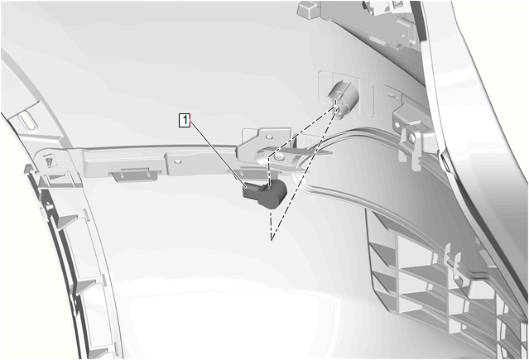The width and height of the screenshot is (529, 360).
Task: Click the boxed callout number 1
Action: tap(185, 120)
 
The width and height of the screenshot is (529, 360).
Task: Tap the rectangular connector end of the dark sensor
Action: tap(251, 192)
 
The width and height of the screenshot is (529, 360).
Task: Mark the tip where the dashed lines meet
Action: tap(272, 239)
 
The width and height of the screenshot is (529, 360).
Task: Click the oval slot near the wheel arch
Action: tap(26, 122)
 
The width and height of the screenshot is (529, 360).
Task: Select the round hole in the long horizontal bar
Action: tap(178, 161)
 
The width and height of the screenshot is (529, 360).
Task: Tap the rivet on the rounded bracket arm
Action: tap(279, 156)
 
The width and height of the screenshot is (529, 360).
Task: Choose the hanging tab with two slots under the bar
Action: tap(136, 174)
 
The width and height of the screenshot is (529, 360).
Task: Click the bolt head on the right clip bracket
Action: tap(411, 137)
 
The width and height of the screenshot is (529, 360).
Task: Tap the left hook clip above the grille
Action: tap(447, 254)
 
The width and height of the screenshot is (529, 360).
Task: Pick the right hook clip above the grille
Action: tap(458, 266)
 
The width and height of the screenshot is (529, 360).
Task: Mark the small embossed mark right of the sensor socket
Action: tap(392, 95)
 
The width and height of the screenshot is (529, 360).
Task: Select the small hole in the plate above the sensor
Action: tap(269, 137)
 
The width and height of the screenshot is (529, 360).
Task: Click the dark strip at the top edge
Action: tap(416, 24)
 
